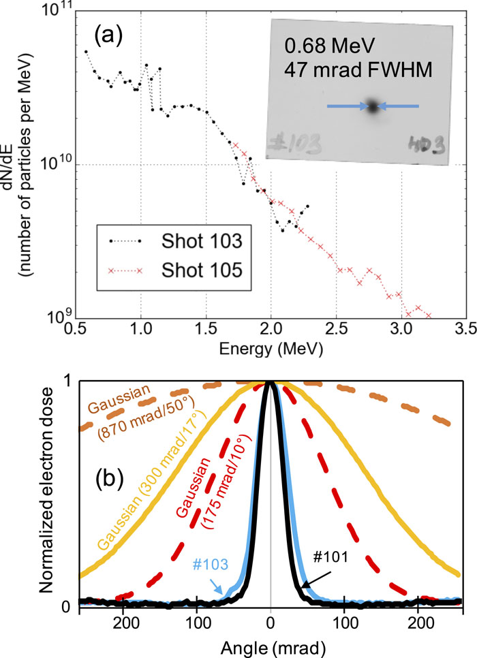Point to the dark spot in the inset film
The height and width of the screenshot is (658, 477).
pyautogui.click(x=372, y=106)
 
